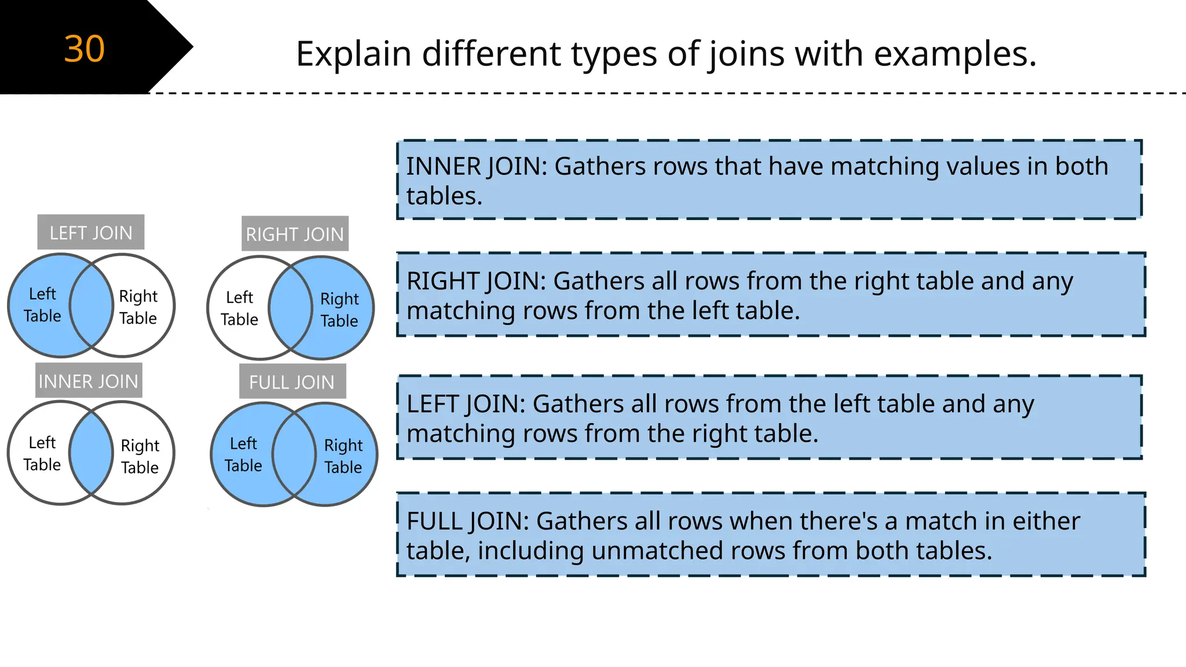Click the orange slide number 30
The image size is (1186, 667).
click(85, 49)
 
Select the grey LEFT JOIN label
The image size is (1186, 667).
click(91, 233)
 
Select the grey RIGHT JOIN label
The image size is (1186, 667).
click(295, 234)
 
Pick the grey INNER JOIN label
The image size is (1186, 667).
click(89, 381)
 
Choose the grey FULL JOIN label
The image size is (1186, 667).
click(292, 382)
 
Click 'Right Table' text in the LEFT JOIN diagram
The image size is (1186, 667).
click(138, 307)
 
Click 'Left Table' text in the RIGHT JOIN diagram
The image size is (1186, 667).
click(239, 308)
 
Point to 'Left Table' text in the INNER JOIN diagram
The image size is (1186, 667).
click(42, 453)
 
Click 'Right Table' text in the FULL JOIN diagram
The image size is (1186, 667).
click(343, 456)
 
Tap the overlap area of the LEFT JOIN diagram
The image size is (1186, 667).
click(91, 305)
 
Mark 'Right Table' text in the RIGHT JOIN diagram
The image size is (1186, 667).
click(340, 309)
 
